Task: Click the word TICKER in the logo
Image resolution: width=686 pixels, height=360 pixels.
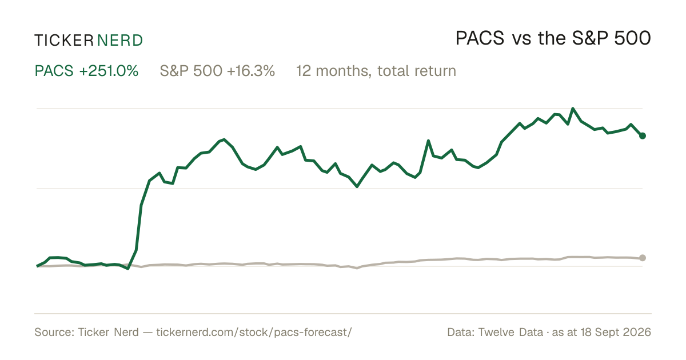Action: [x=64, y=41]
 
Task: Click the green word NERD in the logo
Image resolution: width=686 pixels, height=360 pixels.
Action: [x=120, y=41]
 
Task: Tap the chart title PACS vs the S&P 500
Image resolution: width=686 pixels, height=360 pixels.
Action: [x=553, y=38]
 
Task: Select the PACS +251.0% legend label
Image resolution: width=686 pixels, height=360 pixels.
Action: [x=86, y=71]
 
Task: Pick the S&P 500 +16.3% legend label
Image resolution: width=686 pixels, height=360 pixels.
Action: [x=217, y=71]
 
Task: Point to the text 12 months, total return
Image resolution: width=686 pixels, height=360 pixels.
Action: [x=376, y=71]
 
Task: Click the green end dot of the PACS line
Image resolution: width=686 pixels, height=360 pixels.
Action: [x=643, y=135]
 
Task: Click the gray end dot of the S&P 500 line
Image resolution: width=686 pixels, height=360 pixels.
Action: [x=643, y=258]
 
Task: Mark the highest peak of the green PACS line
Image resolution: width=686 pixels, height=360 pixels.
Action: [x=573, y=109]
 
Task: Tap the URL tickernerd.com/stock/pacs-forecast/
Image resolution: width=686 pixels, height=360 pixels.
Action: [x=254, y=332]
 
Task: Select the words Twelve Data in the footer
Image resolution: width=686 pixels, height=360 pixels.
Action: [x=510, y=332]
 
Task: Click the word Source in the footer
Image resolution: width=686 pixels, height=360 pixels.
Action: [x=53, y=332]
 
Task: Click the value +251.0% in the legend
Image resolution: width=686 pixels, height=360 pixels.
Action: [x=109, y=71]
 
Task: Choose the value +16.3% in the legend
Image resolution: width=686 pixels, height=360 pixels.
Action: [x=251, y=71]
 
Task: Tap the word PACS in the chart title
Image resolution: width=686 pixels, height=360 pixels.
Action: [x=480, y=38]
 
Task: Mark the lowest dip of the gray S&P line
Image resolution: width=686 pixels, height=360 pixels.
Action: [x=357, y=268]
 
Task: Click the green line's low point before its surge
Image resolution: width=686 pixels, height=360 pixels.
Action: [x=128, y=269]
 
